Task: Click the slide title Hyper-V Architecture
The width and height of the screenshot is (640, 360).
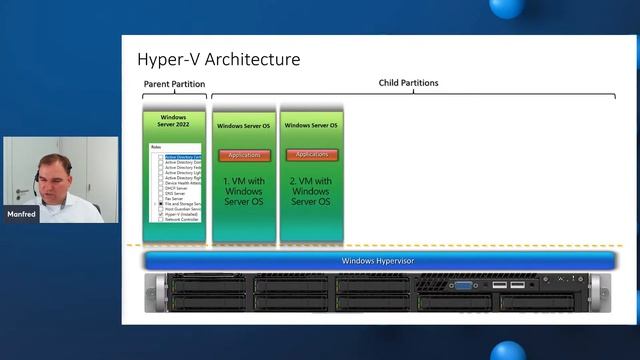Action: [x=218, y=59]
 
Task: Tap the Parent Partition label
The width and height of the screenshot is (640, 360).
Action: [x=174, y=85]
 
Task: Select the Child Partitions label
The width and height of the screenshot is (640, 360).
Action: [x=408, y=83]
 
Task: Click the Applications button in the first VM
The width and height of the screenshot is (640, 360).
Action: [x=244, y=155]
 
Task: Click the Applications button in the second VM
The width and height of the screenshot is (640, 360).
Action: [x=312, y=155]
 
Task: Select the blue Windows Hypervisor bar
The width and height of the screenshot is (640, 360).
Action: [x=378, y=261]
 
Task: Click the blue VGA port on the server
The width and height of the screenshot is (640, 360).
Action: [x=464, y=286]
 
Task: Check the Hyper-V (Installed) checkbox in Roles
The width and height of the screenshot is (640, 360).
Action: [x=160, y=213]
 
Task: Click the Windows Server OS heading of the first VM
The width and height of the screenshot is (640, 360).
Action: [x=244, y=126]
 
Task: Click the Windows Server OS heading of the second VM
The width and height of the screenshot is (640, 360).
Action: [x=311, y=126]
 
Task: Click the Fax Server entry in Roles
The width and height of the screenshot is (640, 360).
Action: [x=174, y=197]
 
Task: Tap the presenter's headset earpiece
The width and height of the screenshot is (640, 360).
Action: [x=37, y=180]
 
